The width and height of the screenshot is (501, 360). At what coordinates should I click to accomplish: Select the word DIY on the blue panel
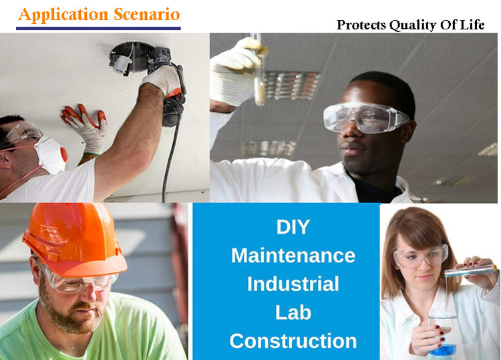coord(293,226)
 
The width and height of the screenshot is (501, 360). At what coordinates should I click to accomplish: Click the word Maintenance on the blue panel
coord(293,255)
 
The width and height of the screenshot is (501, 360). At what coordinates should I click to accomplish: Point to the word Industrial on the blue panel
coord(293,284)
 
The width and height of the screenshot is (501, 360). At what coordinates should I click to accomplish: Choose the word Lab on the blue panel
coord(293,312)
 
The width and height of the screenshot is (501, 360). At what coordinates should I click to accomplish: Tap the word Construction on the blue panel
coord(293,341)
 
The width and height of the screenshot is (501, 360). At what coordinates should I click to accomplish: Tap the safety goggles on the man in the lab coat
coord(365,117)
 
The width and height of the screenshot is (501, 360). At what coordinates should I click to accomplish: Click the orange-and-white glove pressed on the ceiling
coord(86,127)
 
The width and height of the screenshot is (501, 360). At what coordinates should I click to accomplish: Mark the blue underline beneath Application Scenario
coord(98,29)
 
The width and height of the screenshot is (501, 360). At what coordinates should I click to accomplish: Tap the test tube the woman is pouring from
coord(468,270)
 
